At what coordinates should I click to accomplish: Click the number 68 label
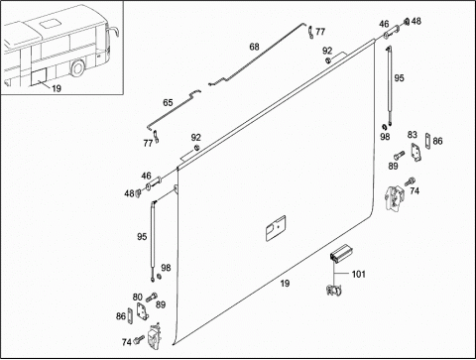point(254,47)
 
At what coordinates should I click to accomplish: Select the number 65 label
point(168,103)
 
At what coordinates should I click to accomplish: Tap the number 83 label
point(413,135)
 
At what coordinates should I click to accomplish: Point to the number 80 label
point(138,298)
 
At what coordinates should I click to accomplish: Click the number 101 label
point(359,274)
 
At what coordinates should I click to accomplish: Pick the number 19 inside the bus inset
point(57,88)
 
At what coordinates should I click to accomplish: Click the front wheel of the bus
point(78,68)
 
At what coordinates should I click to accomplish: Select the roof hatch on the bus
point(49,24)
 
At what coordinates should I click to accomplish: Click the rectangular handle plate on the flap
point(276,228)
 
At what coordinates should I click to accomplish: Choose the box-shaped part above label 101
point(341,254)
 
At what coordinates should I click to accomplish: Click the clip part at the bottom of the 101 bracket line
point(334,290)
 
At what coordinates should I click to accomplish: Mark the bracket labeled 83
point(416,153)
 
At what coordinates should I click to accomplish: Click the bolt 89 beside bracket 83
point(399,155)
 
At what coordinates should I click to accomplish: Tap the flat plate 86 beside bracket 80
point(130,315)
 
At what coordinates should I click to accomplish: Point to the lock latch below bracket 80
point(154,336)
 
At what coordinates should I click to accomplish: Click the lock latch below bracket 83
point(395,197)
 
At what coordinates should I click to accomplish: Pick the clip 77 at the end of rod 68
point(310,33)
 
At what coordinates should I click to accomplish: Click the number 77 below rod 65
point(148,143)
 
